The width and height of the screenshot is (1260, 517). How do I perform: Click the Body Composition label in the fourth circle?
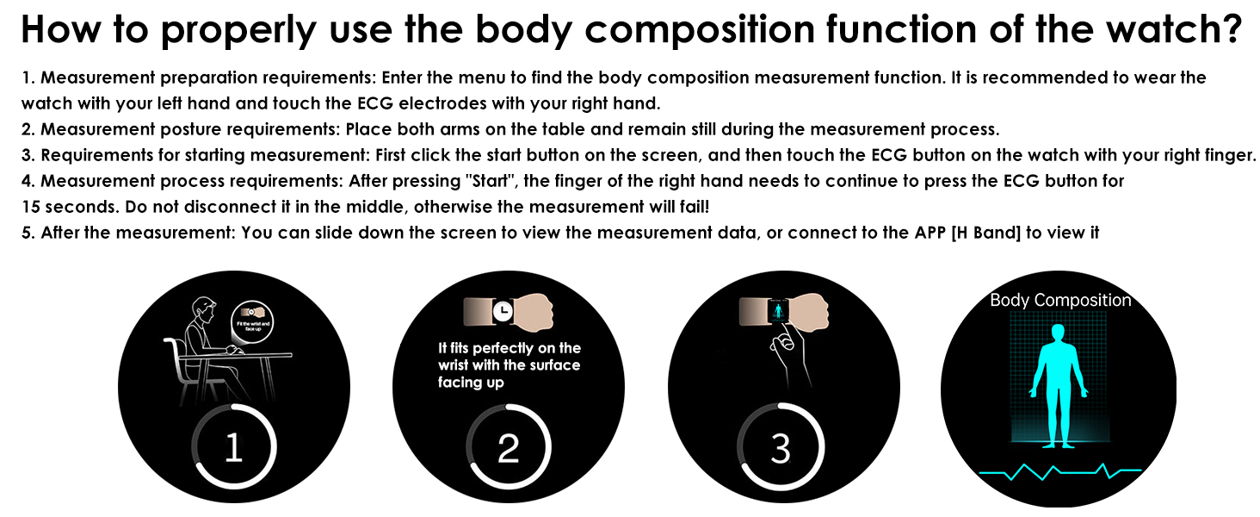tap(1060, 301)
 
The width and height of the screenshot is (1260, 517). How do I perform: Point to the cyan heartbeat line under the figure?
tap(1060, 471)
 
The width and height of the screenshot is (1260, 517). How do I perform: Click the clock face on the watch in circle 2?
tap(503, 309)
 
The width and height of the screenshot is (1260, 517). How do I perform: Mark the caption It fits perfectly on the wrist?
tap(509, 364)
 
